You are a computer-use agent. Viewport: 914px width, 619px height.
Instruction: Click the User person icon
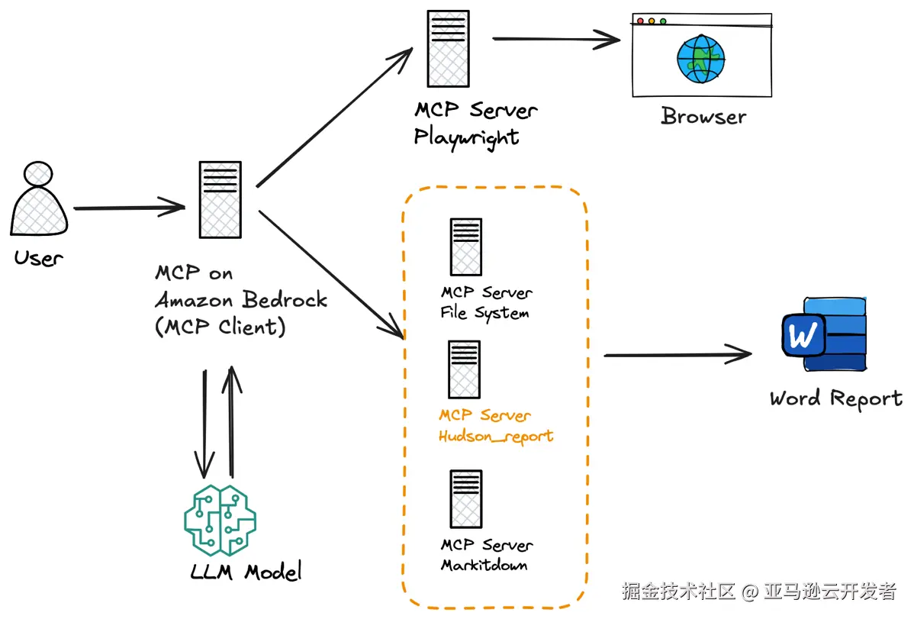pos(39,201)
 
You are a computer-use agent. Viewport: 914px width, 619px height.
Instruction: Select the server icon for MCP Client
pos(220,200)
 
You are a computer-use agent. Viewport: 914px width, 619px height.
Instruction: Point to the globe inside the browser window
pos(700,60)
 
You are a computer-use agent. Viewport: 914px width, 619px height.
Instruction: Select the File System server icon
pos(465,247)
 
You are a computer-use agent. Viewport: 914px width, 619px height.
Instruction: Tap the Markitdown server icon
pos(465,499)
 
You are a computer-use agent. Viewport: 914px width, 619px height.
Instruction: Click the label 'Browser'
pos(703,117)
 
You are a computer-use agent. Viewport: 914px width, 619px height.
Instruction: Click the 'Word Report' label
pos(835,398)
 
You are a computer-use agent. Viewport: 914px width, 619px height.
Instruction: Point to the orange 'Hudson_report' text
pos(496,437)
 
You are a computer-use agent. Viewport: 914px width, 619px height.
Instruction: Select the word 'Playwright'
pos(466,137)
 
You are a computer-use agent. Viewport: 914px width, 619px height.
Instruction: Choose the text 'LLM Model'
pos(246,571)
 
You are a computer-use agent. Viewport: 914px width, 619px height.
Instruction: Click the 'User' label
pos(38,258)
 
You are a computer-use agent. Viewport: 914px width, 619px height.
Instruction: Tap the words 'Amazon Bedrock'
pos(241,299)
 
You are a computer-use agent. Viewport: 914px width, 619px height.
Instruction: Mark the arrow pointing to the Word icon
pos(677,354)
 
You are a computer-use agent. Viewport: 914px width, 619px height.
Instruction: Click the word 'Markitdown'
pos(484,566)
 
